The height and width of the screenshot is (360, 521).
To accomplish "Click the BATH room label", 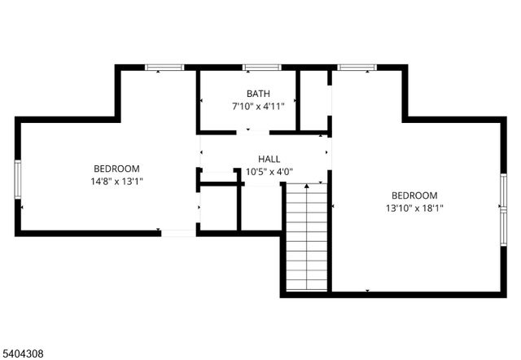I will (259, 94).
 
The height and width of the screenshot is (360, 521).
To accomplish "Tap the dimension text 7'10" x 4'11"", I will (258, 106).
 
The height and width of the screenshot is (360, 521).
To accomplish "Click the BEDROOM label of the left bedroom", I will (116, 168).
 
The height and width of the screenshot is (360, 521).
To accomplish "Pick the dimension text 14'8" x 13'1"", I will (117, 181).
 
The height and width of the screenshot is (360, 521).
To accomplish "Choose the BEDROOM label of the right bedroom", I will (414, 195).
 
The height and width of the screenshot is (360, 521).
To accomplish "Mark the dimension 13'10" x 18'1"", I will (415, 209).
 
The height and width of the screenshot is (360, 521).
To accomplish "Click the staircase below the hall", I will (306, 238).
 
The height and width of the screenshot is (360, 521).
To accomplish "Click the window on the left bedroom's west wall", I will (17, 179).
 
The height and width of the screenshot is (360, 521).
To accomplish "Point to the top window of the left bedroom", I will (164, 67).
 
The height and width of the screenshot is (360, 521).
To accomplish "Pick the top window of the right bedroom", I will (357, 67).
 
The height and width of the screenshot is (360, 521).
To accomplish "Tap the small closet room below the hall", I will (218, 208).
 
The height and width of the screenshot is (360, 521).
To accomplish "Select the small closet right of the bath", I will (314, 100).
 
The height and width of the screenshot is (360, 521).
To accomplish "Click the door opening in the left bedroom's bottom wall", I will (178, 234).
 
